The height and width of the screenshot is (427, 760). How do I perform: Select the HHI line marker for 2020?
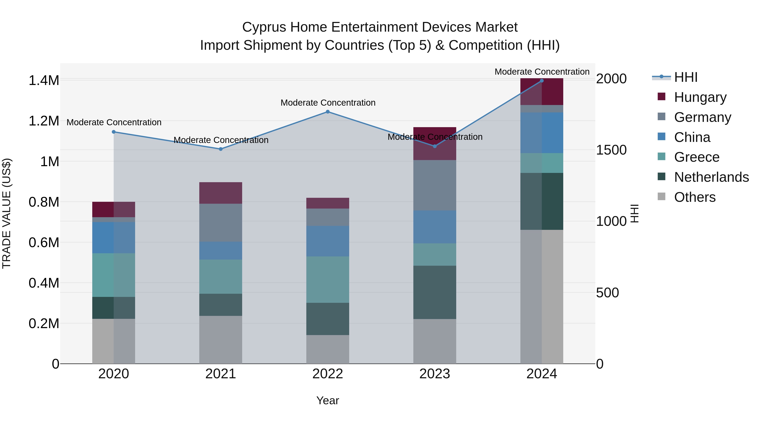[114, 132]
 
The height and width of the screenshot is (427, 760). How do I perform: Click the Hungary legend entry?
[700, 97]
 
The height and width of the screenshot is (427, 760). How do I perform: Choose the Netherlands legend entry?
[711, 177]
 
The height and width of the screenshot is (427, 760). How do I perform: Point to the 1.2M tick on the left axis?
[44, 121]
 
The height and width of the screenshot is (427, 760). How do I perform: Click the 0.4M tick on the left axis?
[44, 283]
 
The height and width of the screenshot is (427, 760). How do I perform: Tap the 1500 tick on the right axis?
[611, 150]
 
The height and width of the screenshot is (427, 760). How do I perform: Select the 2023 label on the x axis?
[435, 374]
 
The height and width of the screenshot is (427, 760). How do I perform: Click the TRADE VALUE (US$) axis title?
[7, 213]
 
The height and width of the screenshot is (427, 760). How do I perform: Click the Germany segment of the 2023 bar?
[435, 185]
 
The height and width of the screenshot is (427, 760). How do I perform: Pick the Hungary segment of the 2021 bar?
[221, 193]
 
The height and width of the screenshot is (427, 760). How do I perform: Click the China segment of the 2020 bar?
[114, 237]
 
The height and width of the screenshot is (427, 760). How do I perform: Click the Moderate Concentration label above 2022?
[328, 103]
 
